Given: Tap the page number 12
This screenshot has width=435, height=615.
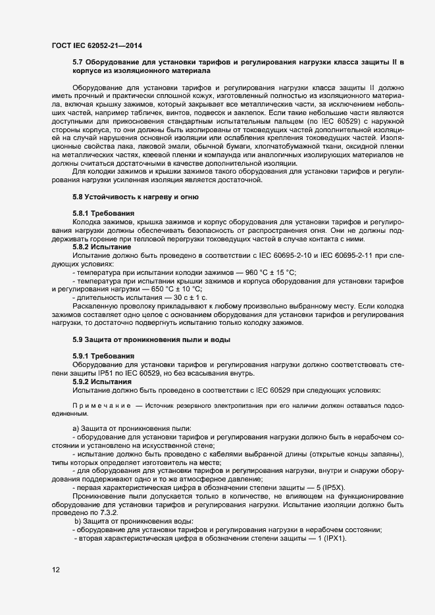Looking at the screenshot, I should tap(56, 570).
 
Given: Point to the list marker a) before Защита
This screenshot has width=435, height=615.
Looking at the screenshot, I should tap(76, 429).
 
